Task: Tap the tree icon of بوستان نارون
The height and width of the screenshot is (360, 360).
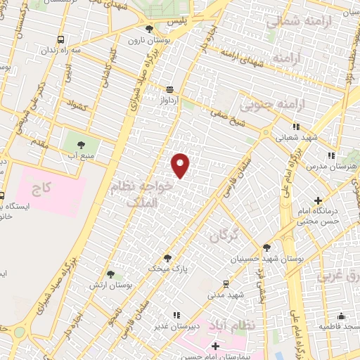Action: pyautogui.click(x=149, y=29)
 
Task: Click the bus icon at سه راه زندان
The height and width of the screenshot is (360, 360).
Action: pyautogui.click(x=62, y=40)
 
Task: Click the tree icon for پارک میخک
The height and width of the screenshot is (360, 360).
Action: pyautogui.click(x=167, y=258)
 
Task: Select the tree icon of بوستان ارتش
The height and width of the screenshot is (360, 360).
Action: pyautogui.click(x=110, y=274)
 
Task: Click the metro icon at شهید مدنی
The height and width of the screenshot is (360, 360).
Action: pyautogui.click(x=225, y=284)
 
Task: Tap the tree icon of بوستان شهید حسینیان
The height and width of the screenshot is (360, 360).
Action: pyautogui.click(x=266, y=247)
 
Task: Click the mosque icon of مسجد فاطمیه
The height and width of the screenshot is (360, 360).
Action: pyautogui.click(x=342, y=316)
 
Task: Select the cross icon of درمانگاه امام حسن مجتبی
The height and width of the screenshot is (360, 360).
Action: pyautogui.click(x=319, y=200)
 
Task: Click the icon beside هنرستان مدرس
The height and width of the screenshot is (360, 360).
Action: pyautogui.click(x=330, y=155)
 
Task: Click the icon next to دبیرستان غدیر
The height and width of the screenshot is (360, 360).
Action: pyautogui.click(x=176, y=315)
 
